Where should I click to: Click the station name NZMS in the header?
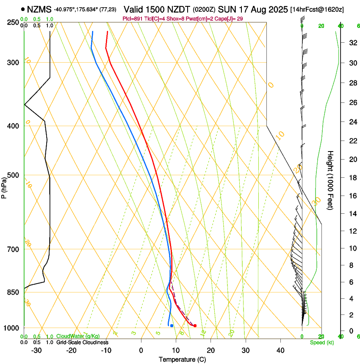[x=39, y=9]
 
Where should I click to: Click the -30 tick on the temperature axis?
[x=36, y=350]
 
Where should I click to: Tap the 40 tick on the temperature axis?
[x=280, y=350]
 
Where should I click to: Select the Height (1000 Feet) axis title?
[x=330, y=180]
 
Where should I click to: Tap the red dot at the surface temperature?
[x=195, y=325]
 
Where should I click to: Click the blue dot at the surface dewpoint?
[x=172, y=325]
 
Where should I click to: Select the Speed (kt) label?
[x=321, y=342]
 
